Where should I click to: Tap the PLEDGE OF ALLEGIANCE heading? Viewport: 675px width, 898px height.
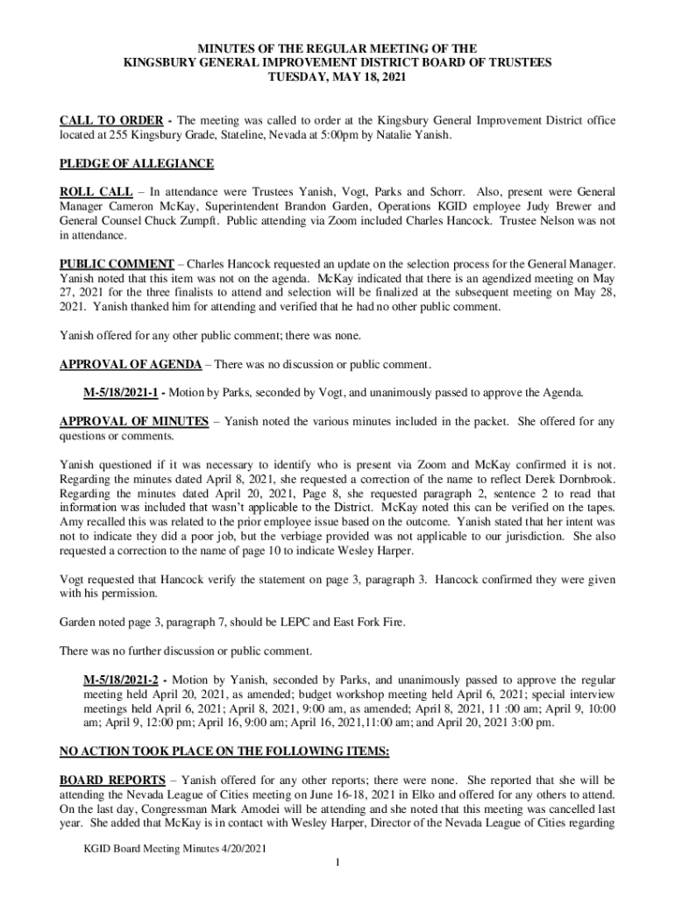click(x=136, y=164)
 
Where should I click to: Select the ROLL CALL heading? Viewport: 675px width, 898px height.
click(x=89, y=191)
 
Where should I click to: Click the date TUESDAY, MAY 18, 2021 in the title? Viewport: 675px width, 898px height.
click(x=337, y=77)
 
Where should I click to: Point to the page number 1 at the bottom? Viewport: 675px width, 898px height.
click(x=337, y=864)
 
